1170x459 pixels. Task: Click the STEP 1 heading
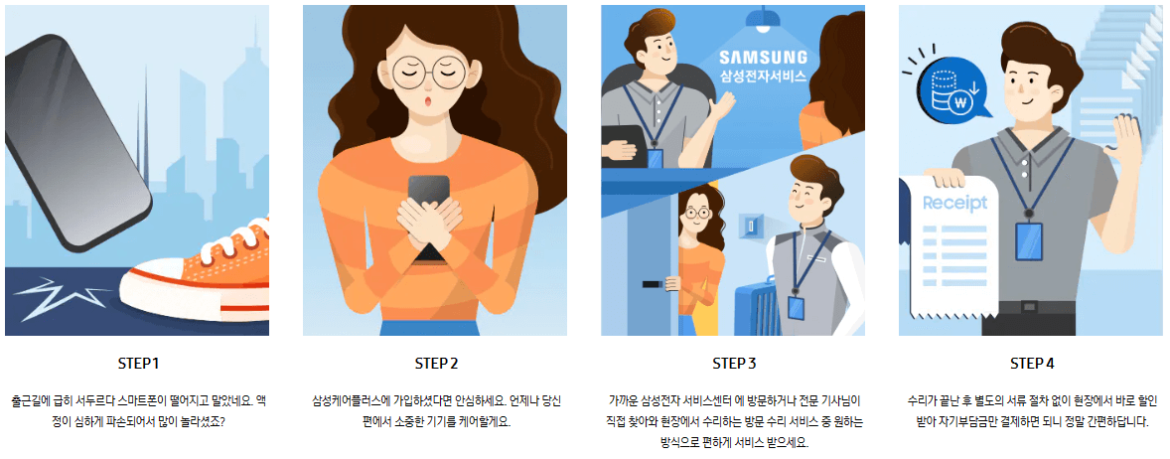pos(137,363)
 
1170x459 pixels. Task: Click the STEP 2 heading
pos(436,363)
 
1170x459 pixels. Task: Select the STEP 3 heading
pos(734,363)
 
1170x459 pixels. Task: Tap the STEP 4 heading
pos(1032,363)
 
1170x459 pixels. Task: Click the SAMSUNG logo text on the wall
pos(763,57)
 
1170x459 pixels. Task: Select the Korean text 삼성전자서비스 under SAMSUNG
pos(763,76)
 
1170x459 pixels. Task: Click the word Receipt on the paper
pos(954,204)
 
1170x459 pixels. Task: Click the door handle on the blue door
pos(653,285)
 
